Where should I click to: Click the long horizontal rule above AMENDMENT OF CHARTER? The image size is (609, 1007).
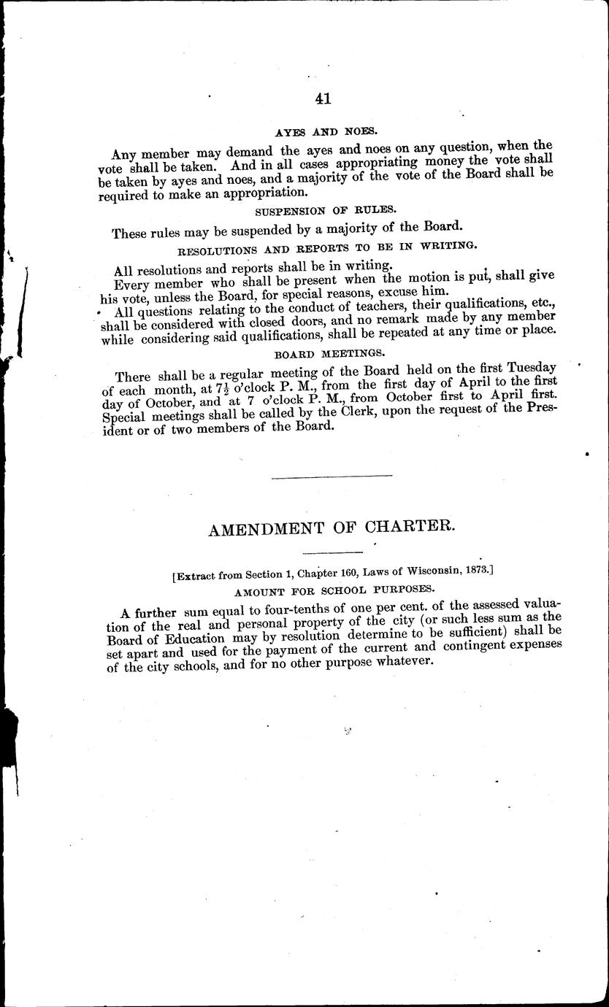332,477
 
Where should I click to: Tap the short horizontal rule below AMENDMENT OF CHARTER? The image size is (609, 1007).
332,552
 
